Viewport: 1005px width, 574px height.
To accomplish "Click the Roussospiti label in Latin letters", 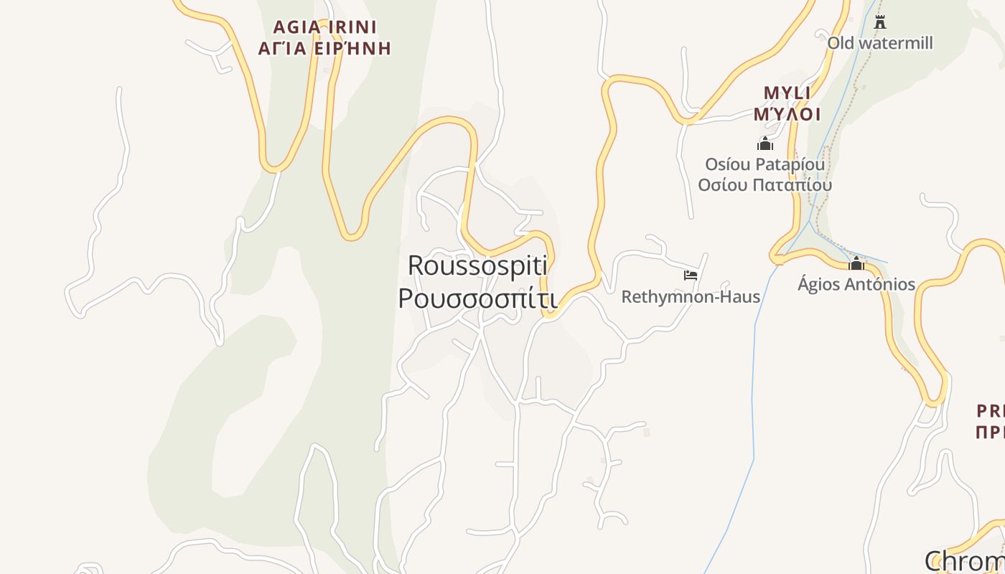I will (477, 265).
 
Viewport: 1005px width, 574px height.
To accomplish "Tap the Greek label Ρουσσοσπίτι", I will (477, 298).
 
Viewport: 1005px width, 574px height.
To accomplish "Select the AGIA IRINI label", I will (324, 27).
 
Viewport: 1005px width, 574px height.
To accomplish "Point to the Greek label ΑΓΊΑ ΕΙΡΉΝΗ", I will (324, 49).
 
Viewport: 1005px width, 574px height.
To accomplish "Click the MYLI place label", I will (787, 93).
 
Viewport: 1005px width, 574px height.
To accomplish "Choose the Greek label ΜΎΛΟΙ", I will (787, 114).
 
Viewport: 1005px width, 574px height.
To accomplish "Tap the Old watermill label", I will (880, 43).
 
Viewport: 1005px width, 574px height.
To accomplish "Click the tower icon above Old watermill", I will (880, 22).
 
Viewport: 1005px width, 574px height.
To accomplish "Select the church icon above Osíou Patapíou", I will (765, 143).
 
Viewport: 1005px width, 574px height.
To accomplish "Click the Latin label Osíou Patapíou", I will (765, 164).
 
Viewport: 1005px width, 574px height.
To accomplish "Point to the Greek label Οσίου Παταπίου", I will (765, 184).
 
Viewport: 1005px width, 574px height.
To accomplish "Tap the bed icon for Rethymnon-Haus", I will (691, 275).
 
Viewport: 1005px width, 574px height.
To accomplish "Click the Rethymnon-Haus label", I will (691, 296).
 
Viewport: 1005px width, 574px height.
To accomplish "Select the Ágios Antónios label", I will (856, 284).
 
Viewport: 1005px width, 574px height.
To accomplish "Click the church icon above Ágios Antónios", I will (856, 263).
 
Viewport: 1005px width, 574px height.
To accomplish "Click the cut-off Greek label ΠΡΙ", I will (991, 432).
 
